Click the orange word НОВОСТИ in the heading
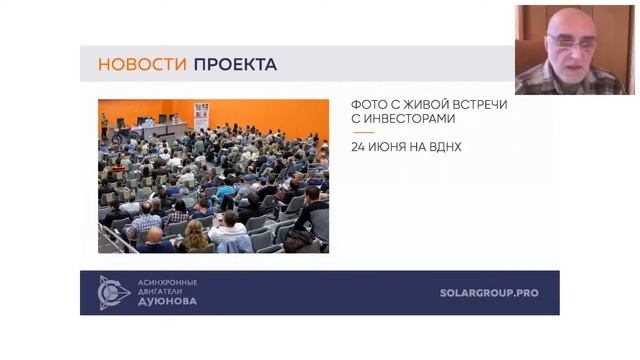tap(142, 65)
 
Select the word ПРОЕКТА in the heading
tap(235, 65)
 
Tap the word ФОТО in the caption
tap(368, 104)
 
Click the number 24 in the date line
tap(358, 147)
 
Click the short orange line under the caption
tap(362, 132)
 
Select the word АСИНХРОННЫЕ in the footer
tap(167, 282)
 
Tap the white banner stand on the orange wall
tap(201, 112)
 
